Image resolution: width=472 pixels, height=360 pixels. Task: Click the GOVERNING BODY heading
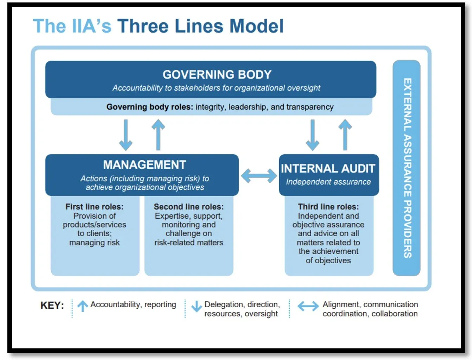point(217,75)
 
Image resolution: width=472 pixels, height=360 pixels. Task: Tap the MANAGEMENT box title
point(144,165)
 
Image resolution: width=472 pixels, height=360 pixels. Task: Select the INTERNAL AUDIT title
point(328,169)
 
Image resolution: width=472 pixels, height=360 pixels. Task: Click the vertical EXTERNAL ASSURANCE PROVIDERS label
point(407,168)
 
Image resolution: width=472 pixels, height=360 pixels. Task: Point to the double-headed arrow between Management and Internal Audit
point(259,176)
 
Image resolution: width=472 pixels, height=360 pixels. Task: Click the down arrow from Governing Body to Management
point(126,135)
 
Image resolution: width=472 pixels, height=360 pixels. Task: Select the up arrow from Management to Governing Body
point(158,135)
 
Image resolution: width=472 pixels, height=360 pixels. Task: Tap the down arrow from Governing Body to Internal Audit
point(312,135)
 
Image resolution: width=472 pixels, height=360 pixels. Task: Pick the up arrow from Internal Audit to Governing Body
point(345,135)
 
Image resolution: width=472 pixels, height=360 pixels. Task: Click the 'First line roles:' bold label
point(95,207)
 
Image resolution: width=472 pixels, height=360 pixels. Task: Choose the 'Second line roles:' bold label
point(189,207)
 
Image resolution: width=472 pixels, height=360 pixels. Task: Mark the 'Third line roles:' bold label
point(329,207)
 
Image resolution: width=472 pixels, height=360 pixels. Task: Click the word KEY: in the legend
point(52,305)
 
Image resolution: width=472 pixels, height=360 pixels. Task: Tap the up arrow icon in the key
point(83,306)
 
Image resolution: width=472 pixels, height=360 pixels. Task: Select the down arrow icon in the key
point(196,306)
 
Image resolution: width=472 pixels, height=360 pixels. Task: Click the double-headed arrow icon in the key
point(308,306)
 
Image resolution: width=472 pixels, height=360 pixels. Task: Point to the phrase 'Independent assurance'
point(328,182)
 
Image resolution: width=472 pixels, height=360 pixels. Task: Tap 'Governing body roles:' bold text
point(149,107)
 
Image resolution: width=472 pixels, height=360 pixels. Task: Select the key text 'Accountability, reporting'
point(133,304)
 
